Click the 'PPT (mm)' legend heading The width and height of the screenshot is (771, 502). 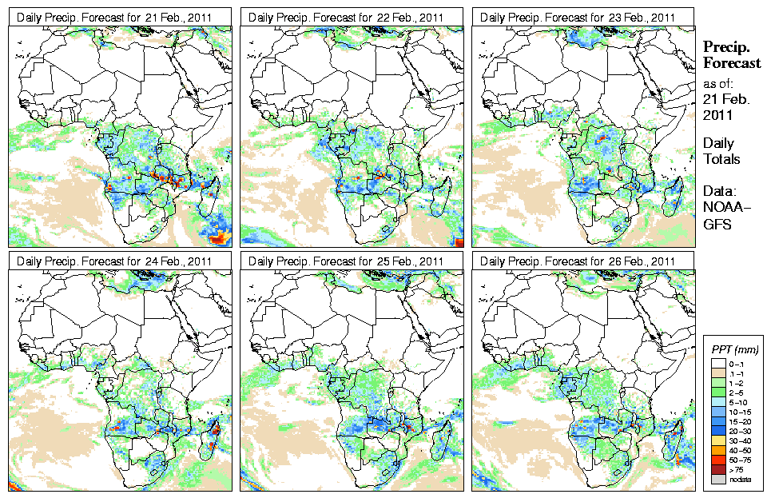735,349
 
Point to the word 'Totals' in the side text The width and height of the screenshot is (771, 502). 721,159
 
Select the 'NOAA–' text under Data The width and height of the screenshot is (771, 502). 724,209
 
